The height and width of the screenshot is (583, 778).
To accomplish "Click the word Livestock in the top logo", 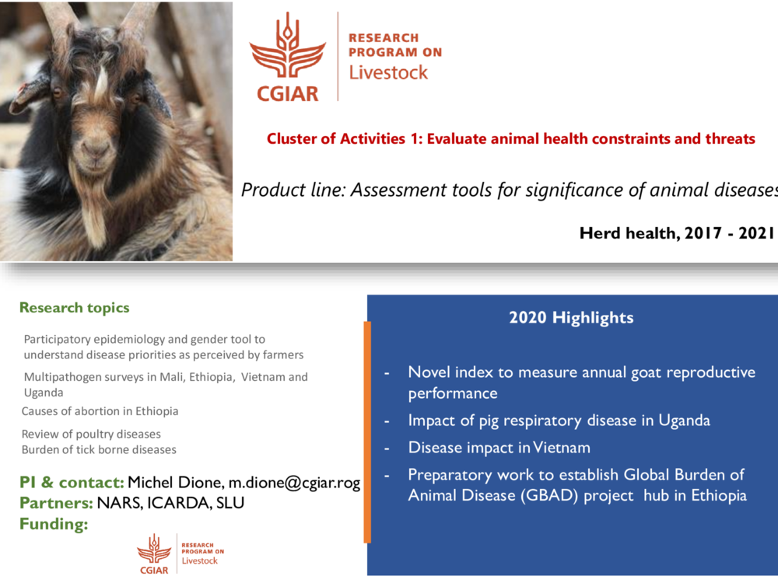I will (388, 72).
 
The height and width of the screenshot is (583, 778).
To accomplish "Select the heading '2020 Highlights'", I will (571, 317).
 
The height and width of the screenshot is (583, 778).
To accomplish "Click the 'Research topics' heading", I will (75, 308).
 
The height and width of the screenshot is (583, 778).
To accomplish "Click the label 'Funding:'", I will (54, 524).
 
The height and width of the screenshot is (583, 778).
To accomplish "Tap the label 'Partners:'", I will (56, 503).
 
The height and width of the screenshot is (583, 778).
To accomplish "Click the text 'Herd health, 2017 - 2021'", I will (677, 232).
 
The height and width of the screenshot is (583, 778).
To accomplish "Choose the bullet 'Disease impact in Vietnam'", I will (499, 448).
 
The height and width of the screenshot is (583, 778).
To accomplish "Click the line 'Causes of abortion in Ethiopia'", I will (100, 411).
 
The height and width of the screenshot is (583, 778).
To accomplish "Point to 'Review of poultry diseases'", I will (91, 434).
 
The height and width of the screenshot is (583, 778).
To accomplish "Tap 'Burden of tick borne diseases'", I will (99, 449).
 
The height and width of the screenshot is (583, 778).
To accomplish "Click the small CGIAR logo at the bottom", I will (154, 553).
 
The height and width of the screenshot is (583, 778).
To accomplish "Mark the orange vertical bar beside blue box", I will (367, 431).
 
